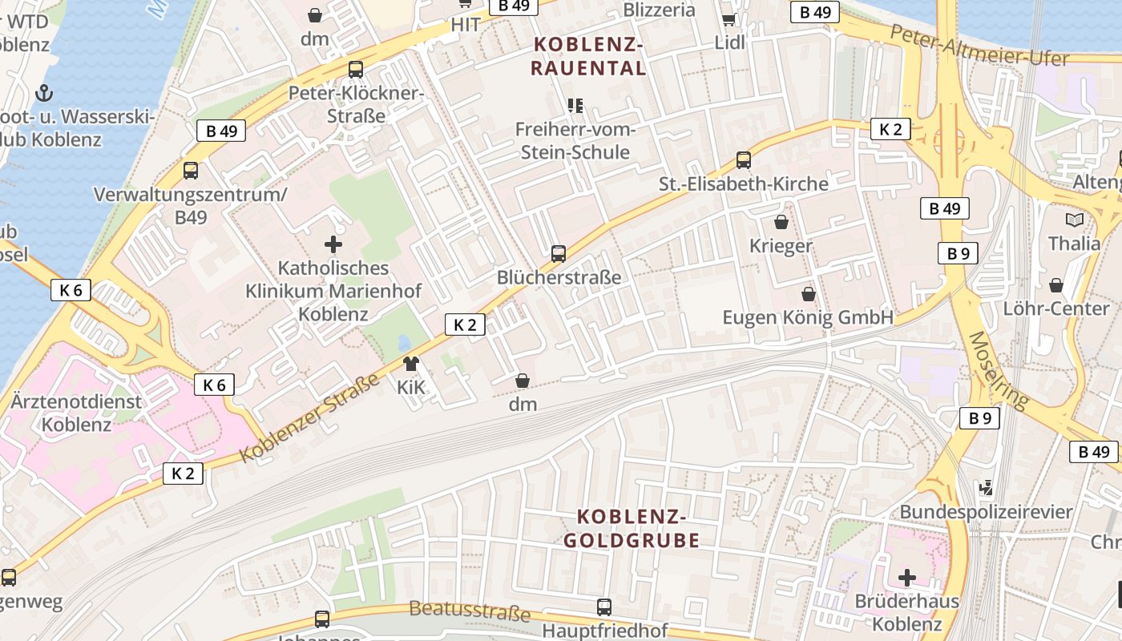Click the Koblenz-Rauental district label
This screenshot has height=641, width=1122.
point(588,56)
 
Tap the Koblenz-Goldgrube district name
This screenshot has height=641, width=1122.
point(632,528)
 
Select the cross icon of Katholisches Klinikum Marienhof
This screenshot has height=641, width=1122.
point(333,244)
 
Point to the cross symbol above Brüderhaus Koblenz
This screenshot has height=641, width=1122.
point(906,577)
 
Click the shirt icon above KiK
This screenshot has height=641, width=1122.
point(411,365)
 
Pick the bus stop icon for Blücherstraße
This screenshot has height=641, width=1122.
point(559,254)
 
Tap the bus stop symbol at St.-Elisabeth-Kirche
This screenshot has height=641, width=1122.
point(744,160)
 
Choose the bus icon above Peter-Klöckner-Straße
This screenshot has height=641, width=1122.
point(355,70)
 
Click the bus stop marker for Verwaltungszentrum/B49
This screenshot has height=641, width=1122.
point(191,171)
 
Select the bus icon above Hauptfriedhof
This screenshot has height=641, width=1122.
point(604,607)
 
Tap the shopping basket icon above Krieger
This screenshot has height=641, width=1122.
point(781,222)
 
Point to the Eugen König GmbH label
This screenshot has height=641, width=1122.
point(808,317)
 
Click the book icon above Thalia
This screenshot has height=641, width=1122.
point(1075,220)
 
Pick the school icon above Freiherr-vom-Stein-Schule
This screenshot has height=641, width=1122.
point(575,105)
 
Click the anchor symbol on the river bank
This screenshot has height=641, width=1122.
point(46,92)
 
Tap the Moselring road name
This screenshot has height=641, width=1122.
point(999,370)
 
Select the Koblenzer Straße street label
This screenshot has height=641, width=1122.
point(309,417)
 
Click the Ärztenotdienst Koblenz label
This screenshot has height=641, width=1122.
point(77,413)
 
